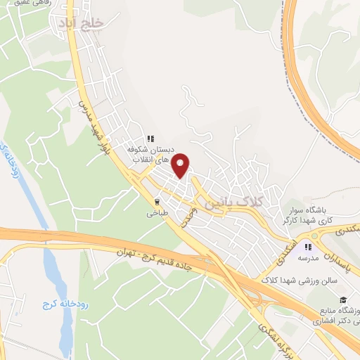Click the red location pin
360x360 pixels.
181,165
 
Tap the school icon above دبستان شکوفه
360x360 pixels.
150,139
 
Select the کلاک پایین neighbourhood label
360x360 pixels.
236,202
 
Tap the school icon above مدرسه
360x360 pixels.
307,247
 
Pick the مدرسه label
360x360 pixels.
307,259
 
